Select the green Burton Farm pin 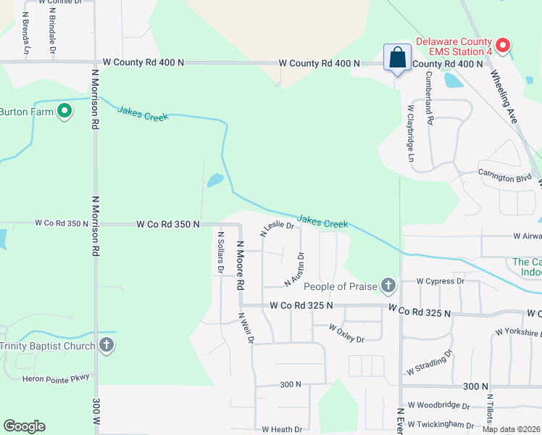click(x=64, y=112)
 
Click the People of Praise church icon click(x=388, y=286)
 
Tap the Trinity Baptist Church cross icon click(x=107, y=345)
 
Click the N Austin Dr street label click(x=295, y=268)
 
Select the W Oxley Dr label click(x=346, y=333)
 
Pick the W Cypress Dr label click(x=441, y=281)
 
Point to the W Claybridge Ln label click(x=411, y=133)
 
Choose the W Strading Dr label click(x=429, y=362)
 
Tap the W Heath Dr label click(x=282, y=430)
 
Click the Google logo click(x=23, y=426)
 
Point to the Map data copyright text click(x=510, y=429)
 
